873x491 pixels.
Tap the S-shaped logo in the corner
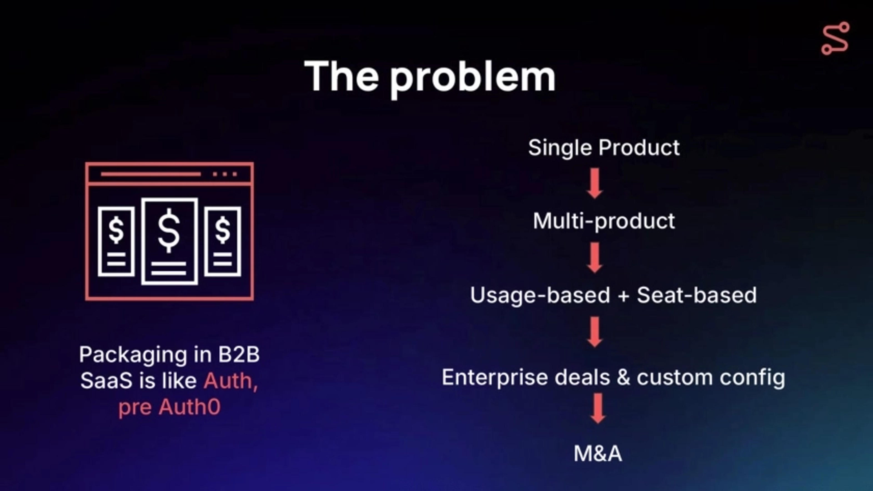pyautogui.click(x=835, y=38)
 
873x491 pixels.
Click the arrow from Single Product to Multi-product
pyautogui.click(x=595, y=183)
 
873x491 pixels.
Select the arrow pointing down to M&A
pyautogui.click(x=598, y=408)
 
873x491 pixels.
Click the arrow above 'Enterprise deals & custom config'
pyautogui.click(x=595, y=332)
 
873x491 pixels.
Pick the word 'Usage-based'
pyautogui.click(x=540, y=295)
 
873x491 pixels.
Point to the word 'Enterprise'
pyautogui.click(x=494, y=377)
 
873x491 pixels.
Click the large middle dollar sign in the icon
pyautogui.click(x=169, y=231)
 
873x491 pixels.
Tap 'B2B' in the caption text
pyautogui.click(x=238, y=355)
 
